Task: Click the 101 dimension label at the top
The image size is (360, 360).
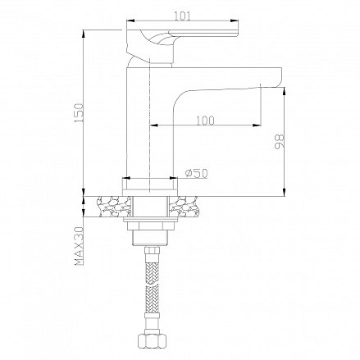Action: pos(182,16)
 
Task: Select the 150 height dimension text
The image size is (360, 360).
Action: pos(80,113)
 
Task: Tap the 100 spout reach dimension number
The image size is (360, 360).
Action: pos(205,121)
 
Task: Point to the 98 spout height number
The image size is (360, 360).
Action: pos(279,142)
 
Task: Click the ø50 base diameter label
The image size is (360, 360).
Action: pos(196,173)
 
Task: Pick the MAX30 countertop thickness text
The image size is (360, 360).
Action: pos(80,246)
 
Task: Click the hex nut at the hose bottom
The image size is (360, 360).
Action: pos(151,340)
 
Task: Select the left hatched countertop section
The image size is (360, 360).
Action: pos(114,207)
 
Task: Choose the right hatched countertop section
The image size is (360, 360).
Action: pos(183,207)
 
